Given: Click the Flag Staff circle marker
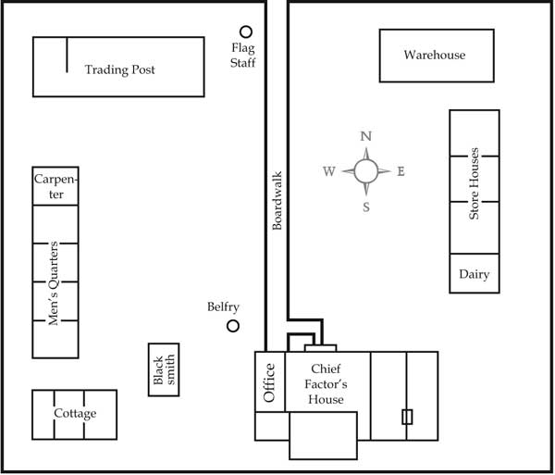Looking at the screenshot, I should tap(246, 31).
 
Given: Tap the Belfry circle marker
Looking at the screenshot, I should tap(233, 326).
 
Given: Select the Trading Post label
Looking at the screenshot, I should tap(119, 69).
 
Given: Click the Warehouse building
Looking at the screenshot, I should tap(434, 56).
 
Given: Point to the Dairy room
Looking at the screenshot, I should tap(474, 275).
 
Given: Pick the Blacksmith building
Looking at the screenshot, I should tap(163, 370).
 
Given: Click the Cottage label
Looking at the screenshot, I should tap(74, 414).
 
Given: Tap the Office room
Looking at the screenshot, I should tap(269, 381).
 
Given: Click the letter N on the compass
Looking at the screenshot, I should tap(365, 136).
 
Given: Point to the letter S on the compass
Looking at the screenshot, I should tap(365, 206).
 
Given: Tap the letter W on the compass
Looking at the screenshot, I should tap(329, 171).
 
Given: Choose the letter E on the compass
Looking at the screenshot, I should tap(401, 171).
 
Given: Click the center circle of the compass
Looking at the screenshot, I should tap(365, 170).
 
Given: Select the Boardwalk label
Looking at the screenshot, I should tap(277, 201).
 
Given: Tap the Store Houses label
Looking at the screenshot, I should tap(474, 183).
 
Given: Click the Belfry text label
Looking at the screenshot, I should tap(224, 307).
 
